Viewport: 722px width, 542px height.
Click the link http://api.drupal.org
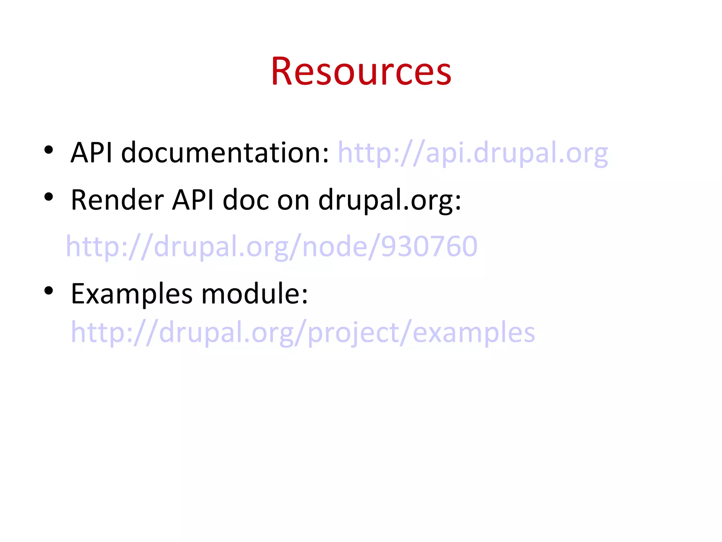tap(473, 153)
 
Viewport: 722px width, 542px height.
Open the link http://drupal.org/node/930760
tap(271, 246)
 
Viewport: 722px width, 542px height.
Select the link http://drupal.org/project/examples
tap(303, 332)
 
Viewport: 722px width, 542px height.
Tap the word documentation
tap(225, 153)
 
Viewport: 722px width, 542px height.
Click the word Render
tap(117, 200)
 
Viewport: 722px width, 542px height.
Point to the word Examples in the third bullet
tap(131, 294)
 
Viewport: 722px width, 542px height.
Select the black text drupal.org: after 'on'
tap(390, 200)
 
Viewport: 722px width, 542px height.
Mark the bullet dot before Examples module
tap(49, 290)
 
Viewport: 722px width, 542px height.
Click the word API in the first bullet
tap(91, 153)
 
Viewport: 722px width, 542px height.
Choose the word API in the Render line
tap(193, 200)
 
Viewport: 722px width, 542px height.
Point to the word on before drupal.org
tap(293, 200)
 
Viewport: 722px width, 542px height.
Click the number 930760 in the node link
tap(429, 246)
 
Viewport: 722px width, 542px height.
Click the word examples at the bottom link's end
tap(473, 332)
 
